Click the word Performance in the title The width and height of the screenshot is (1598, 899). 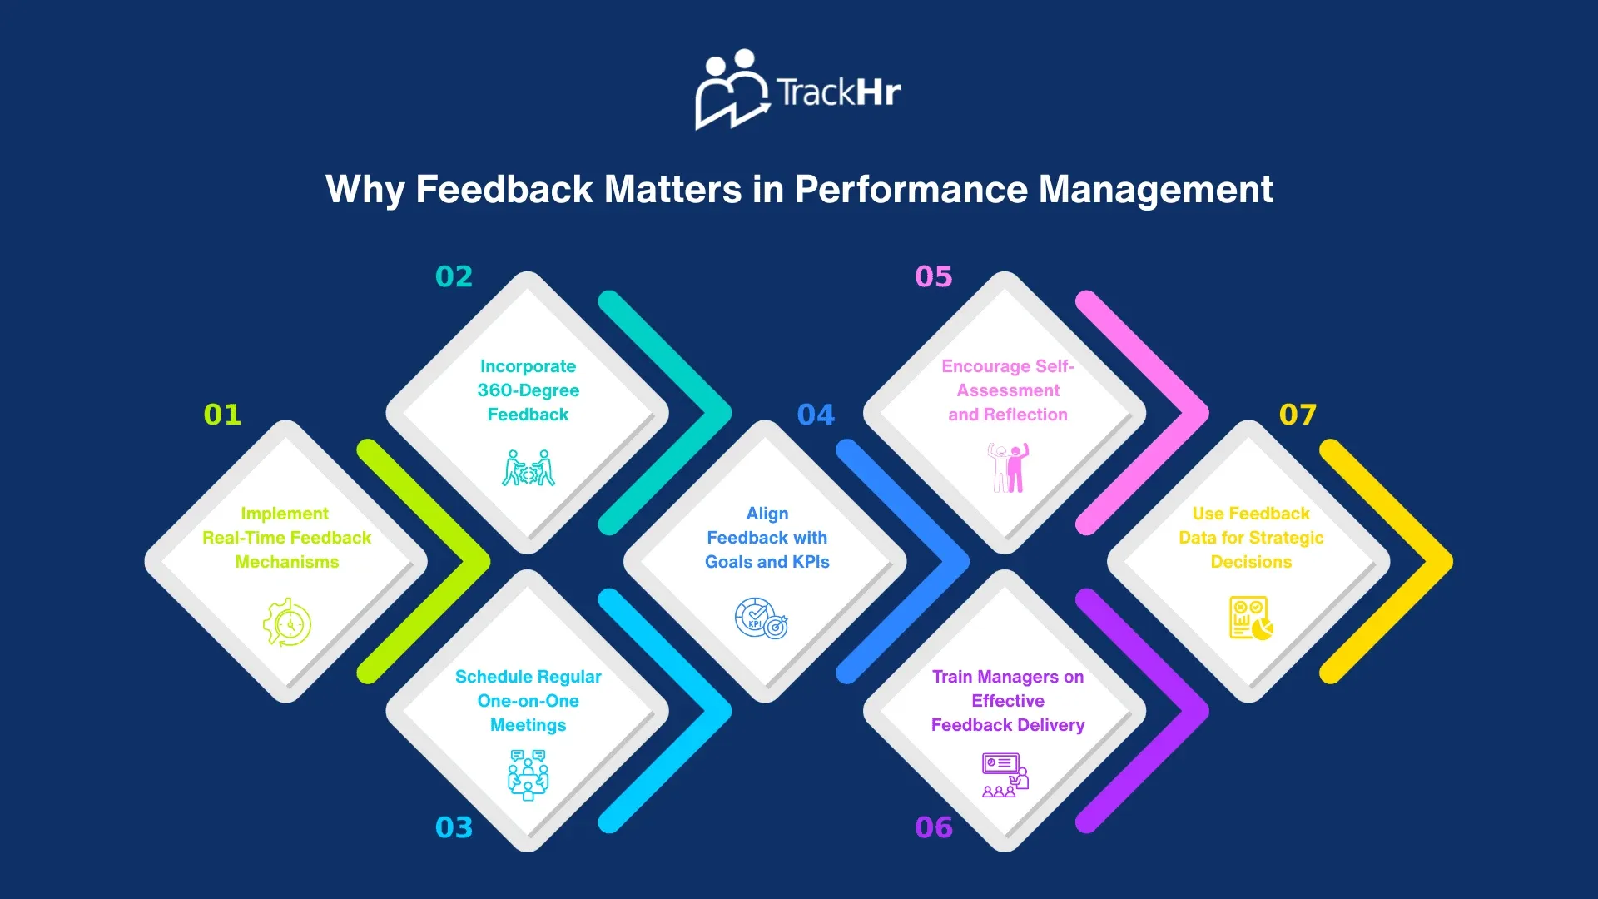(x=911, y=189)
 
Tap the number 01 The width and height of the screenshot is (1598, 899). (x=222, y=415)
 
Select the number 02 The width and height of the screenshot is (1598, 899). (x=454, y=276)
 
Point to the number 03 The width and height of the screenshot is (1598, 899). (x=454, y=827)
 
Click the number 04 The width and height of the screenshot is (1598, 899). (x=816, y=415)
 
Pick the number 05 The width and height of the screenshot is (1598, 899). (x=933, y=276)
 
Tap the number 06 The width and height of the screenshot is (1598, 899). (x=933, y=827)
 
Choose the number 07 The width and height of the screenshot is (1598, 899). (x=1298, y=415)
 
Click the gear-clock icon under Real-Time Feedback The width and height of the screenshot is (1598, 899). (x=287, y=622)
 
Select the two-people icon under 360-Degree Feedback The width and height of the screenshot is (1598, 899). (x=529, y=468)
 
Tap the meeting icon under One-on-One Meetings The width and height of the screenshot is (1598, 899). (x=529, y=774)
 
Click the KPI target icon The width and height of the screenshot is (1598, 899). (x=761, y=618)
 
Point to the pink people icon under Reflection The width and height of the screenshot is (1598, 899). (x=1008, y=467)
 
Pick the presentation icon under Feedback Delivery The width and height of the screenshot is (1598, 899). (x=1005, y=775)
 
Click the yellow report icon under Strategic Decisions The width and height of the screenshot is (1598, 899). (x=1250, y=618)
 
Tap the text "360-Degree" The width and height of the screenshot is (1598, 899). (x=529, y=390)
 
